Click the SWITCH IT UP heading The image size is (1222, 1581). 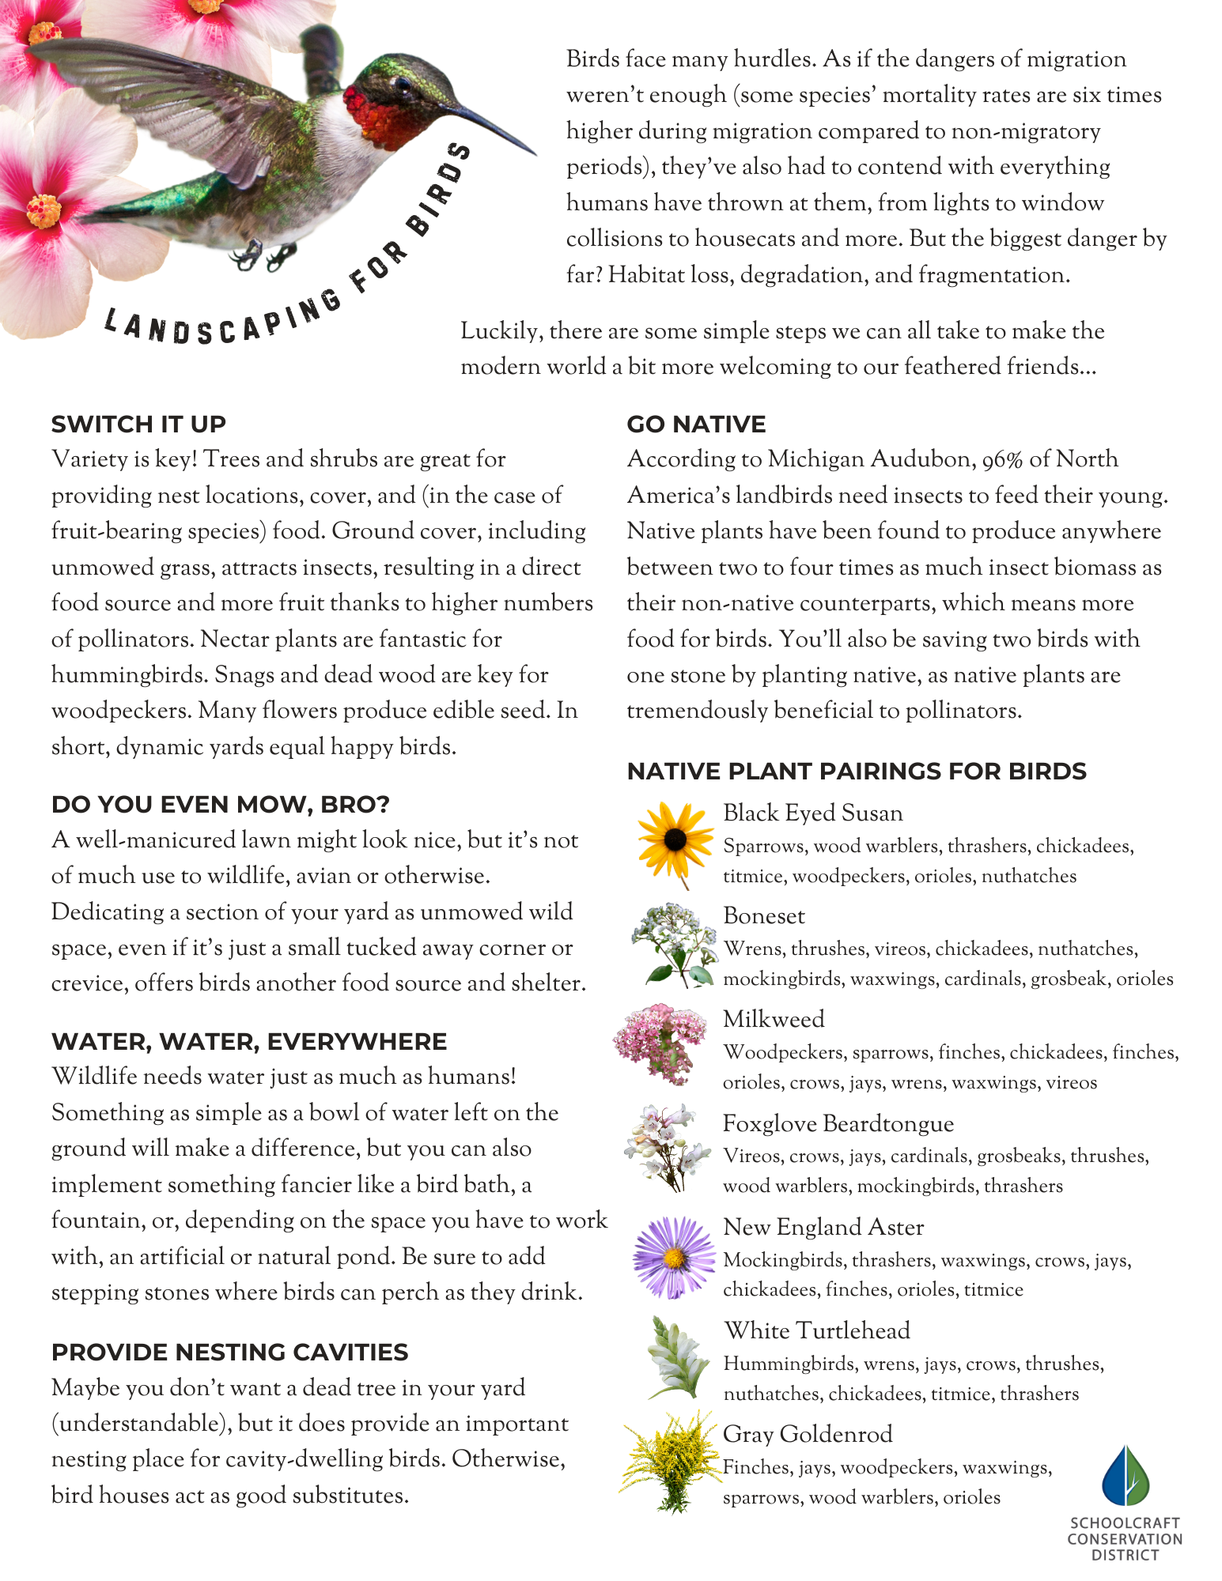point(138,424)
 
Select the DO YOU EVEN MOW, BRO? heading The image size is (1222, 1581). point(220,805)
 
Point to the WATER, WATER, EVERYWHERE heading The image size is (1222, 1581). point(249,1042)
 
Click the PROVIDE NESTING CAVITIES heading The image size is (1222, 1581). point(229,1353)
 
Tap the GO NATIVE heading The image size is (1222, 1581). point(696,424)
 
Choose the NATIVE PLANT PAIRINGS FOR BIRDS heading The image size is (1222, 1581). point(857,772)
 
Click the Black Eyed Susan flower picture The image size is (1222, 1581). point(675,841)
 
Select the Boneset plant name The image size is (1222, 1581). point(764,916)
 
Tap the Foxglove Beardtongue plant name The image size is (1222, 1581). point(838,1124)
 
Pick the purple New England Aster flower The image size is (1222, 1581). point(673,1256)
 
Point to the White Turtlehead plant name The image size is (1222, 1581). point(817,1331)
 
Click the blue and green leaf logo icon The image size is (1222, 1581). point(1126,1476)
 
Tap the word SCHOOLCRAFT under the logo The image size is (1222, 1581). point(1125,1523)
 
